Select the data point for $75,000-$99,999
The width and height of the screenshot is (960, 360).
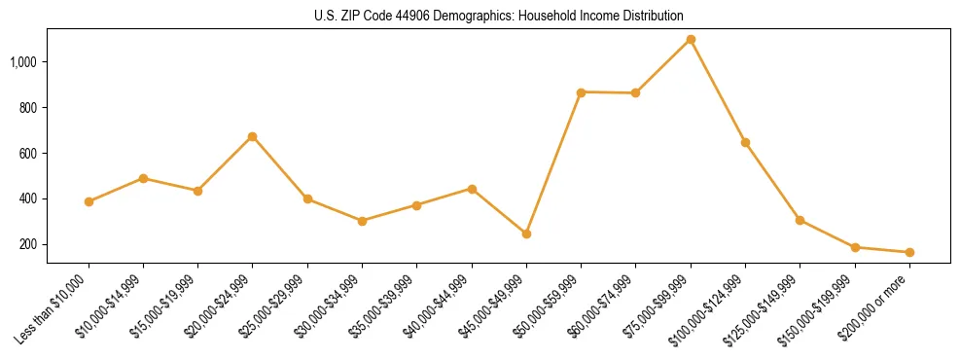(x=691, y=39)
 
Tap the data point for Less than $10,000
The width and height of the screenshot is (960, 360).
(x=89, y=201)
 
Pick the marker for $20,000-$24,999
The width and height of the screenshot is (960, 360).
(x=253, y=136)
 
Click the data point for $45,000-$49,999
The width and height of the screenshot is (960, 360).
(x=526, y=234)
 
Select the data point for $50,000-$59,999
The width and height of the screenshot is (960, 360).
(x=581, y=91)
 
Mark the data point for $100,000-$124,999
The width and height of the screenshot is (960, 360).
(x=745, y=142)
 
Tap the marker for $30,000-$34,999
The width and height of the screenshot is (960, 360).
(x=362, y=221)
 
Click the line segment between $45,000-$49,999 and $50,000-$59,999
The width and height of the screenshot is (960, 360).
(x=553, y=162)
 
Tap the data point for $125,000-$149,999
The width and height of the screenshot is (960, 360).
(x=800, y=220)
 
